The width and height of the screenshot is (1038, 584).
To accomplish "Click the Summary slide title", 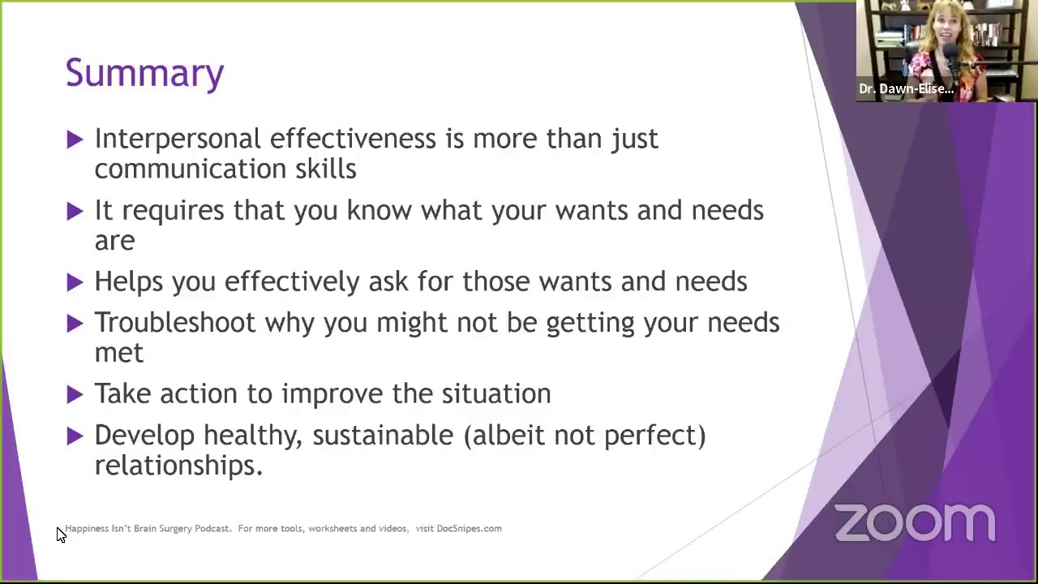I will [x=144, y=73].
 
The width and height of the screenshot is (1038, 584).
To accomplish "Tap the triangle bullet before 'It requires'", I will [x=75, y=212].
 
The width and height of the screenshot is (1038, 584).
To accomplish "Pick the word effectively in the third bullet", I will [x=292, y=281].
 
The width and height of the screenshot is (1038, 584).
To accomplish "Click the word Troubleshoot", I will [x=174, y=323].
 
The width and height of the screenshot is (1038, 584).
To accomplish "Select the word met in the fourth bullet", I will [x=118, y=353].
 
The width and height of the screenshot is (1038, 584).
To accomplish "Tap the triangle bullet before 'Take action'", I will [x=75, y=395].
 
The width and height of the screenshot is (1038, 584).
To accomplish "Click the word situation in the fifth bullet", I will [x=495, y=394].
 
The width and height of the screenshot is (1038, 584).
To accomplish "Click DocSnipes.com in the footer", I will [x=469, y=529].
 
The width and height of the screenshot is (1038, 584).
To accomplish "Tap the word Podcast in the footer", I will [x=212, y=529].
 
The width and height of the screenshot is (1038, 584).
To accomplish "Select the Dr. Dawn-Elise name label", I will [x=906, y=89].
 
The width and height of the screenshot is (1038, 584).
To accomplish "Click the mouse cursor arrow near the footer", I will [x=61, y=535].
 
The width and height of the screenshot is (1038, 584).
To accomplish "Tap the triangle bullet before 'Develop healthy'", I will [x=75, y=436].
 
